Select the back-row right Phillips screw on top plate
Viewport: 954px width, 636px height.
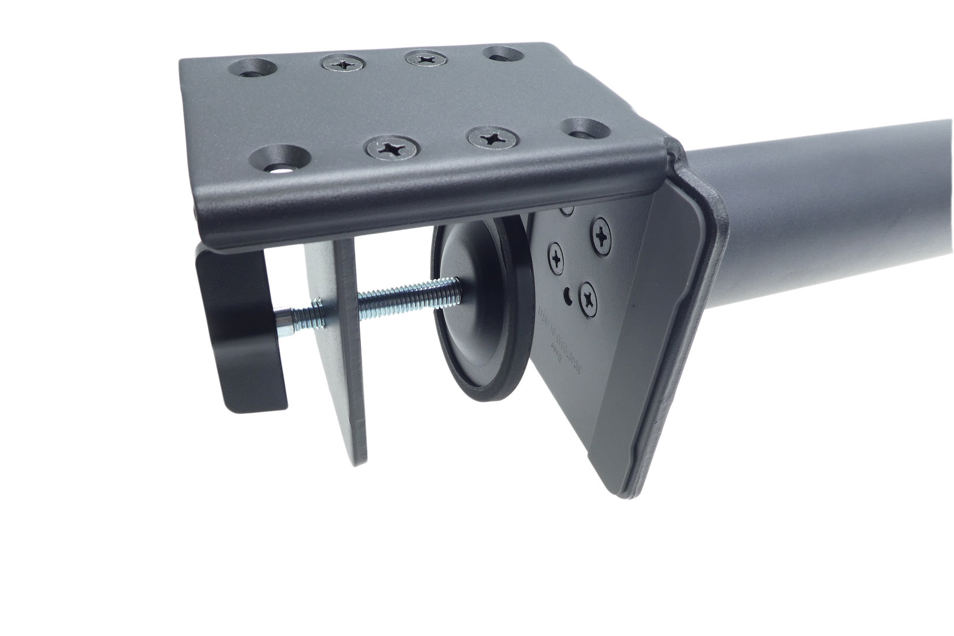click(423, 58)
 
